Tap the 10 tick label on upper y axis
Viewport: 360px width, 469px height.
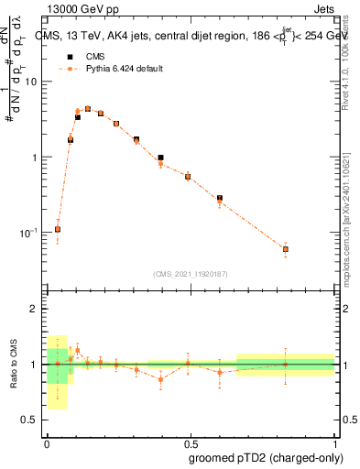pyautogui.click(x=30, y=82)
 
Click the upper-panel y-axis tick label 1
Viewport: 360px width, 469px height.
pyautogui.click(x=35, y=158)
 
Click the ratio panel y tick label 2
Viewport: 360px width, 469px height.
pyautogui.click(x=35, y=310)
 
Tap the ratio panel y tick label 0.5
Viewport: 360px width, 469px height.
pyautogui.click(x=30, y=420)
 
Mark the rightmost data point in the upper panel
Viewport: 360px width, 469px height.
pyautogui.click(x=286, y=249)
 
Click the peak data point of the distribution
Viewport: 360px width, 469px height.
pyautogui.click(x=88, y=108)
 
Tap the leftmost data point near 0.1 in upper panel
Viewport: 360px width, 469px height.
pyautogui.click(x=58, y=229)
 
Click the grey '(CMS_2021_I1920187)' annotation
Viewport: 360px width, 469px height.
pyautogui.click(x=190, y=272)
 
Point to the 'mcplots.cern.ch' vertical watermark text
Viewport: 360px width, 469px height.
pyautogui.click(x=345, y=220)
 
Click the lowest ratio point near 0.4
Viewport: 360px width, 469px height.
pyautogui.click(x=160, y=379)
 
